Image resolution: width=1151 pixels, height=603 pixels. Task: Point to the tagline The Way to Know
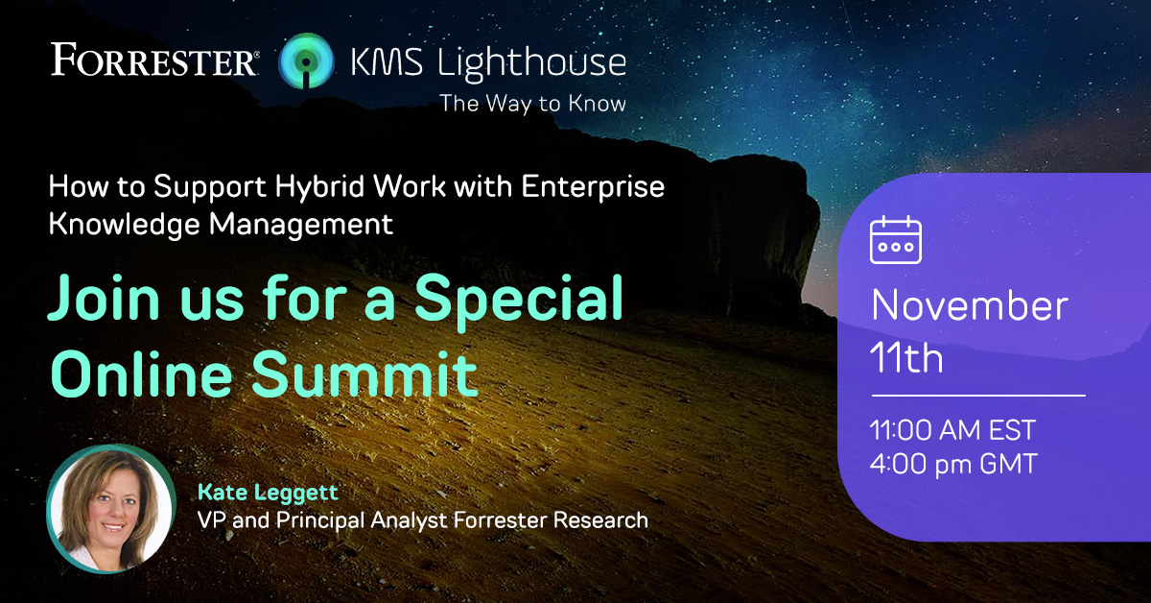532,104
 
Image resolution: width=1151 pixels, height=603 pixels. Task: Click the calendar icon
895,240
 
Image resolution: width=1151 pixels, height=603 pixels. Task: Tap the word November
969,306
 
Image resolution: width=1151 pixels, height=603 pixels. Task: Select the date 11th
906,358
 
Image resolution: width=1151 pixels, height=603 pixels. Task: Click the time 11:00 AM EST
952,429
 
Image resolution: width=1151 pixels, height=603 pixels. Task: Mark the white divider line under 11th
977,395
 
